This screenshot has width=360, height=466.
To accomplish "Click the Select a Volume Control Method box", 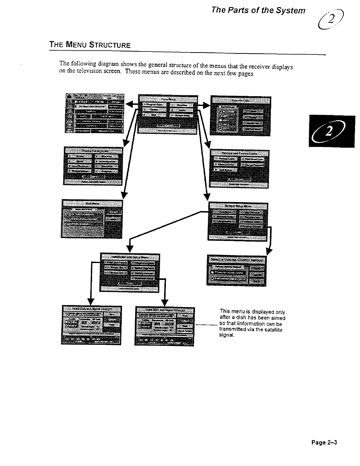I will [237, 270].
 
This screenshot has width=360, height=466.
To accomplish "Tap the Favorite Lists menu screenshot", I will [241, 116].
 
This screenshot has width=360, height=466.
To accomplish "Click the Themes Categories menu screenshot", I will [93, 166].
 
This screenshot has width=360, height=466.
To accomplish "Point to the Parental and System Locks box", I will [239, 168].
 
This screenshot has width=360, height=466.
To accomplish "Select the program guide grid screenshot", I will [94, 113].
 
